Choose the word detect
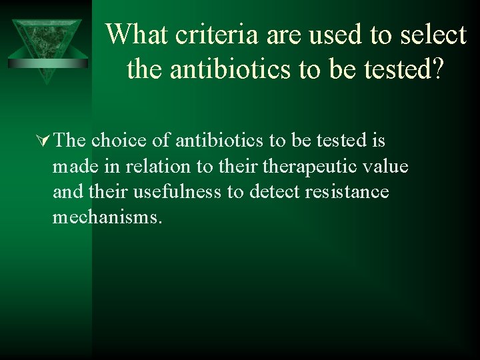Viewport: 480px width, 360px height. click(275, 192)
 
